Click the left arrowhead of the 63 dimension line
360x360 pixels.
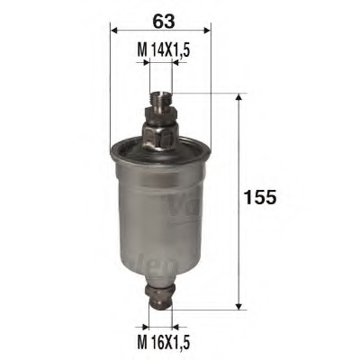click(113, 29)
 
